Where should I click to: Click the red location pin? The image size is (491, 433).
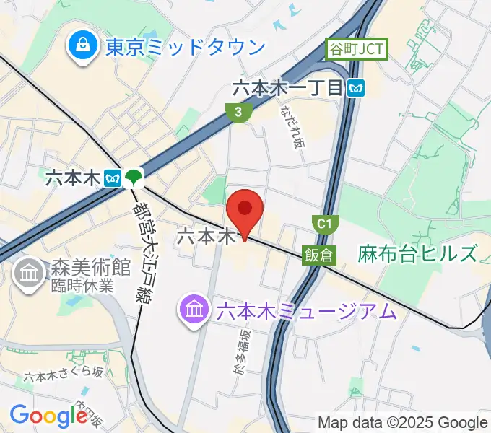tap(245, 210)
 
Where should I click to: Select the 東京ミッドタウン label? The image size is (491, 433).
tap(185, 48)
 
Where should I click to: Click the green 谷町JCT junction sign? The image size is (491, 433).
tap(357, 49)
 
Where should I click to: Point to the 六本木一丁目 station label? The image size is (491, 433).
tap(287, 89)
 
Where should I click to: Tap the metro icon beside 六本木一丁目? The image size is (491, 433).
tap(355, 89)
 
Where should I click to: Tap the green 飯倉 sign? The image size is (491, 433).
tap(318, 255)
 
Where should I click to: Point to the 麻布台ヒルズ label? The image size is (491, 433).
tap(417, 253)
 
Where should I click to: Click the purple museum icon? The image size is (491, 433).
tap(194, 312)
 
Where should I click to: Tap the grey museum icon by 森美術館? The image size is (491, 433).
tap(29, 273)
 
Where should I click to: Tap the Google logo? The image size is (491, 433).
tap(49, 415)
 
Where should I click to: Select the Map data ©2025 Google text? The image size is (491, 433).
tap(402, 422)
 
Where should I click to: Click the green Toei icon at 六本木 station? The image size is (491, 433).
tap(134, 177)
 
